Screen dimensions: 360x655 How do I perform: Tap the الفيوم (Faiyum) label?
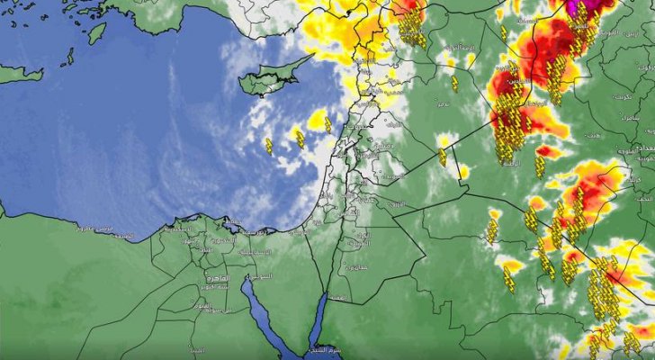(204, 305)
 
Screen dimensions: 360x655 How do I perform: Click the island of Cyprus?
(270, 78)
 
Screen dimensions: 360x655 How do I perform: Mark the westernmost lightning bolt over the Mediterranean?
(268, 146)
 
